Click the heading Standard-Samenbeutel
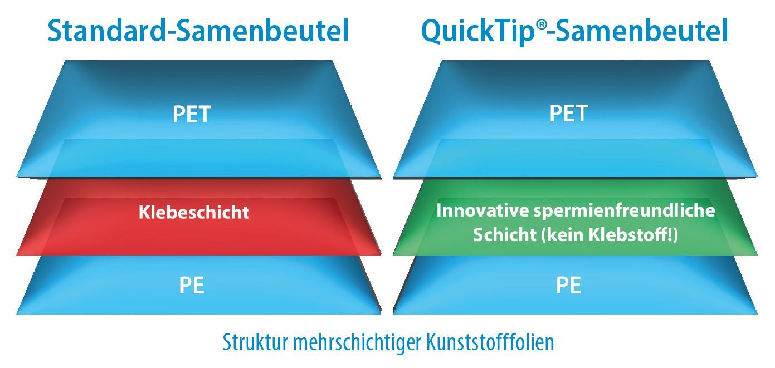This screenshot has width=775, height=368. click(x=198, y=31)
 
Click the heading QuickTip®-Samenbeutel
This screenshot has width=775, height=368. click(x=574, y=32)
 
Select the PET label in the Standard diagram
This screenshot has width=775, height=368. click(x=192, y=114)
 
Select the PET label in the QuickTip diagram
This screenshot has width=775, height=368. click(x=569, y=114)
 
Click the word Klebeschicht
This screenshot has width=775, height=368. click(x=194, y=212)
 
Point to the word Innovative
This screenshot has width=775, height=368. click(x=482, y=210)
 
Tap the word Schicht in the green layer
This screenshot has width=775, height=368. click(x=504, y=234)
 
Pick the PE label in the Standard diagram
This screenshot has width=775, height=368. click(x=192, y=286)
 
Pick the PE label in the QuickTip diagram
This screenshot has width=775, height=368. click(x=568, y=286)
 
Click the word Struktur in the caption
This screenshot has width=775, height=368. click(x=255, y=342)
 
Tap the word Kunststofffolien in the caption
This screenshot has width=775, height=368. click(x=490, y=342)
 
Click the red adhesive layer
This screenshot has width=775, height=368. click(x=198, y=239)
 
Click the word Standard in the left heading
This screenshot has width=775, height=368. click(x=107, y=31)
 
